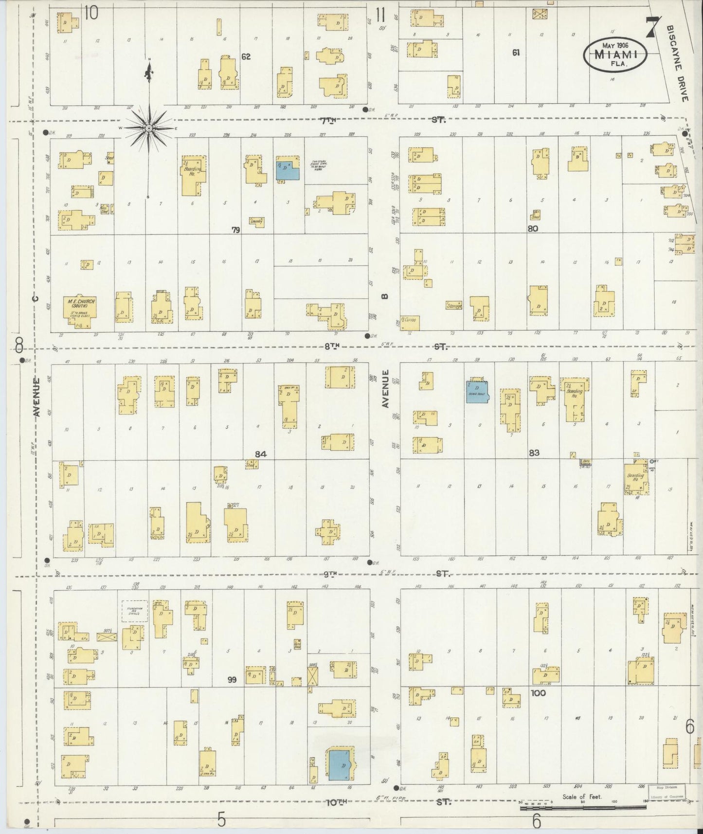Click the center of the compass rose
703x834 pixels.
pos(149,128)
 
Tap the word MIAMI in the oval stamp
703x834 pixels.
pos(615,55)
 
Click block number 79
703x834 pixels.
pos(236,230)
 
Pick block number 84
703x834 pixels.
pos(261,454)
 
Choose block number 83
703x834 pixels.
pos(534,453)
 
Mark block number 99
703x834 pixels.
pos(232,680)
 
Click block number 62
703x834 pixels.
pos(246,57)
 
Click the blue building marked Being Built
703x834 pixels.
pos(477,391)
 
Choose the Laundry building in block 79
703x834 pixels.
pos(256,221)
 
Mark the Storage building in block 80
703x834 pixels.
pos(453,306)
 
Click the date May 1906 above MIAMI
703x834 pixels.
pos(616,45)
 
